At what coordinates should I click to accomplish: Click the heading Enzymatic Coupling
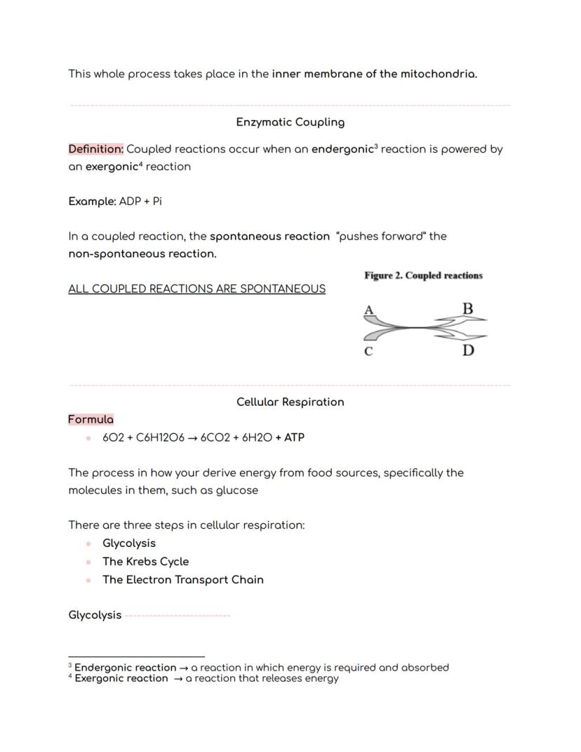tap(290, 122)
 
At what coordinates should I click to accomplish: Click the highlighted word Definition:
tap(96, 149)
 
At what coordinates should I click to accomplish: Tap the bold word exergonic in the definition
tap(112, 167)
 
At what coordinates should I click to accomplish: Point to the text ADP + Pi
tap(141, 202)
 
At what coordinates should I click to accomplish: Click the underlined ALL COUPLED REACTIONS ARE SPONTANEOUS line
tap(196, 289)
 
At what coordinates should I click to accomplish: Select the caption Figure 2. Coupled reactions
tap(423, 276)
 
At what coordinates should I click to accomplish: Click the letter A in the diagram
tap(368, 309)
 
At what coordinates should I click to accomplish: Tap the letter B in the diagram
tap(468, 308)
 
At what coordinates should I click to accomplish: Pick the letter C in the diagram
tap(368, 351)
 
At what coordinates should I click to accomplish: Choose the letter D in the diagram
tap(468, 350)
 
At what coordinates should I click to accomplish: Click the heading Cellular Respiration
tap(290, 402)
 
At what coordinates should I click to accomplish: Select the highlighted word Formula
tap(91, 419)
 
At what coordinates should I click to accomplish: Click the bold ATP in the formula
tap(294, 437)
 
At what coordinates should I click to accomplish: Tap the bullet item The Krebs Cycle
tap(145, 562)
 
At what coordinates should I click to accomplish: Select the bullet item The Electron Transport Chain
tap(182, 580)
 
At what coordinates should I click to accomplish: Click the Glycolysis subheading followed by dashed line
tap(95, 615)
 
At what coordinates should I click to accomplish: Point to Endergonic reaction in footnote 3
tap(125, 668)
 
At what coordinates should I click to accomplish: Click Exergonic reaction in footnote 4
tap(121, 678)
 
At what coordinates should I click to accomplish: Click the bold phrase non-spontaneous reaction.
tap(142, 254)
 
